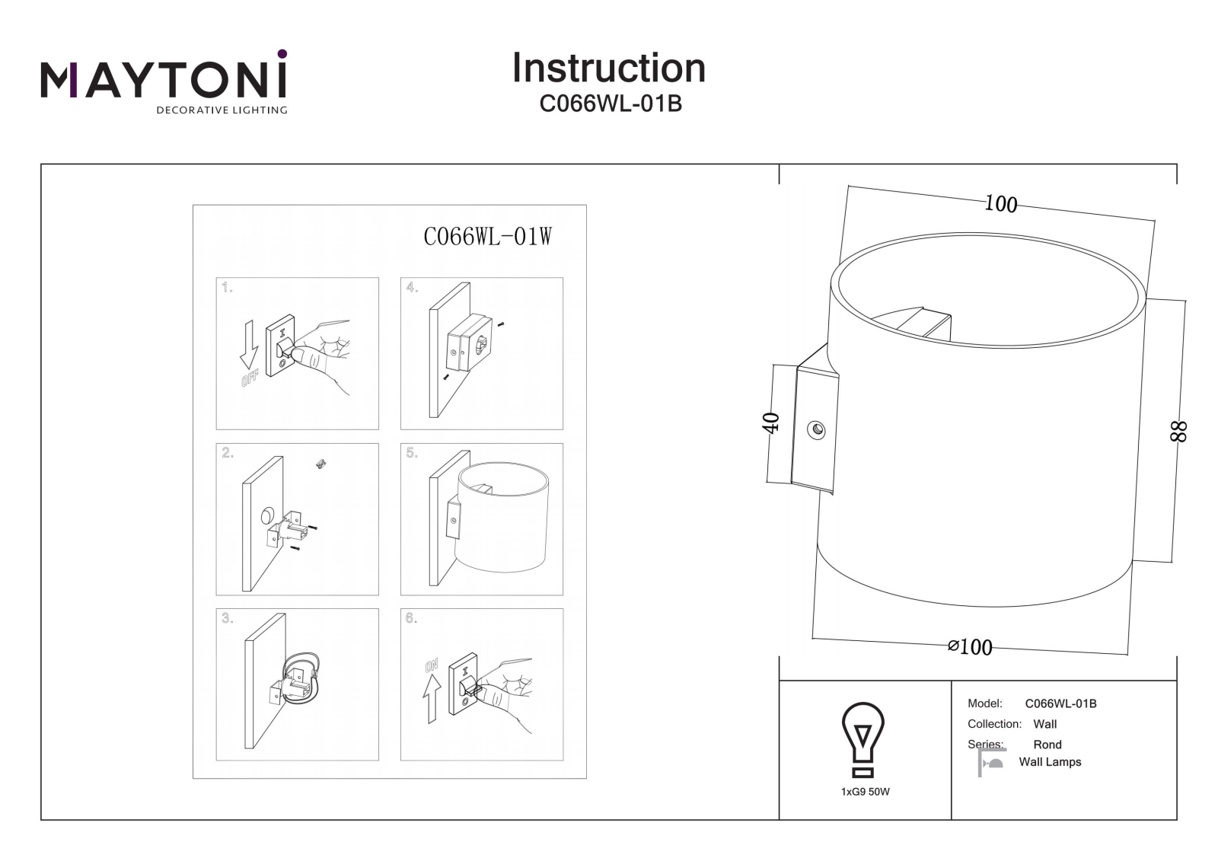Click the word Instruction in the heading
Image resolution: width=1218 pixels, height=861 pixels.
[x=609, y=68]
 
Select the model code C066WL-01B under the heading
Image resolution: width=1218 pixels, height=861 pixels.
[x=611, y=104]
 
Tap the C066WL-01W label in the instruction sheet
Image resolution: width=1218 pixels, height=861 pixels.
[x=488, y=237]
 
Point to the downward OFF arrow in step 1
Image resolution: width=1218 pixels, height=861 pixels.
[x=250, y=344]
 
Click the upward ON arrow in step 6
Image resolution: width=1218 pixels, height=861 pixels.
[x=432, y=698]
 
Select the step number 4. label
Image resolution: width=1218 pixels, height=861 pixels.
[x=412, y=287]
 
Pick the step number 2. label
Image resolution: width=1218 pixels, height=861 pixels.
[x=228, y=452]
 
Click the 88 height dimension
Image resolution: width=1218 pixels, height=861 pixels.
[x=1179, y=432]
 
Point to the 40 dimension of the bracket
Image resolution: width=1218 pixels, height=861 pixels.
[x=772, y=423]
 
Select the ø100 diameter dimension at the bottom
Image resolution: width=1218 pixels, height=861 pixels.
[x=970, y=647]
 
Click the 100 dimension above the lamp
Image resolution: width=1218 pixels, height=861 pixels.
[x=1000, y=204]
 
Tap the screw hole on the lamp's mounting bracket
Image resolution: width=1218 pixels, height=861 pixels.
[x=816, y=430]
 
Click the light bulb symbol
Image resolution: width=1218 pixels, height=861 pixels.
[x=863, y=740]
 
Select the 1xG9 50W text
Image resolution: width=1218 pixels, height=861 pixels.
[x=865, y=792]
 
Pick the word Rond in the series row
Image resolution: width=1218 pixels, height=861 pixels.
[x=1047, y=745]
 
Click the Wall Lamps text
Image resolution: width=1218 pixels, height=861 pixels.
[x=1050, y=762]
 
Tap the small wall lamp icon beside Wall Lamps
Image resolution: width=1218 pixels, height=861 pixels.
[x=991, y=763]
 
